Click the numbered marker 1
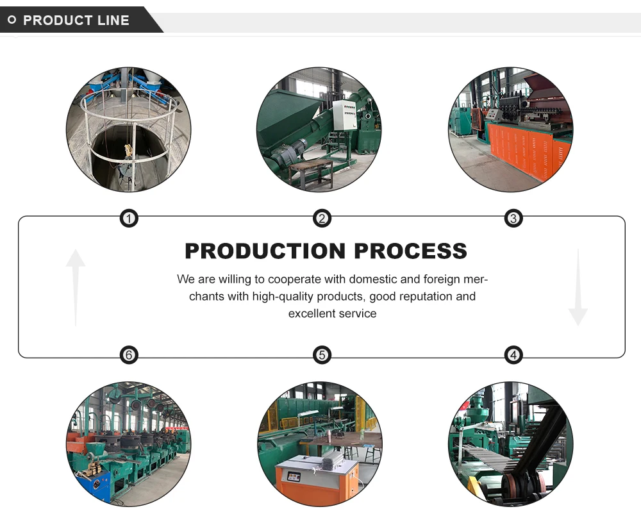pyautogui.click(x=129, y=219)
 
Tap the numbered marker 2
pyautogui.click(x=322, y=219)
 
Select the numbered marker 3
pyautogui.click(x=513, y=219)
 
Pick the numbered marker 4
pyautogui.click(x=513, y=355)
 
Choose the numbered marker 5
pyautogui.click(x=322, y=355)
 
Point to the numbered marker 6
pyautogui.click(x=129, y=355)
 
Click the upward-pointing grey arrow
pyautogui.click(x=76, y=287)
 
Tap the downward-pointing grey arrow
pyautogui.click(x=578, y=287)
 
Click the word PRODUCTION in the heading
pyautogui.click(x=265, y=251)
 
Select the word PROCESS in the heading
pyautogui.click(x=410, y=251)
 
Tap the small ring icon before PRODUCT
pyautogui.click(x=12, y=20)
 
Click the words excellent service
pyautogui.click(x=332, y=313)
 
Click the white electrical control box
pyautogui.click(x=344, y=115)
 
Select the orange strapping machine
pyautogui.click(x=317, y=478)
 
